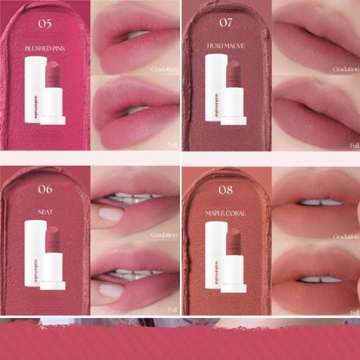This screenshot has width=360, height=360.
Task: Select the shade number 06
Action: [x=45, y=190]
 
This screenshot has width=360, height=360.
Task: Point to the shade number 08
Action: [x=226, y=190]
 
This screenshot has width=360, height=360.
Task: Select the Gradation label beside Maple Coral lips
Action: [x=346, y=236]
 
